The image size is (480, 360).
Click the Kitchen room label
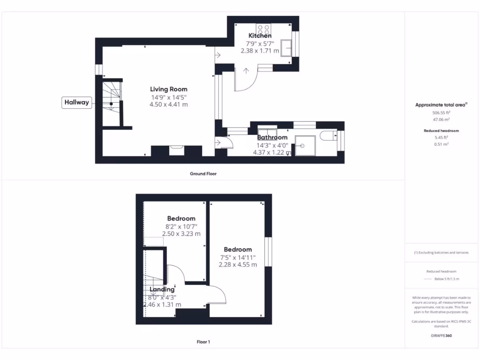[260, 36]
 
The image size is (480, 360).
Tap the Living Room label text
[168, 89]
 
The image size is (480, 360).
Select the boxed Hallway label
[76, 103]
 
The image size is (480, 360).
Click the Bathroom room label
[272, 137]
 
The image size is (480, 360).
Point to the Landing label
[162, 289]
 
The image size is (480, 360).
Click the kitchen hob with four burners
[262, 28]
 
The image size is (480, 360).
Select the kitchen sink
[286, 47]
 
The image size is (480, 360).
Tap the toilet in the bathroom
[328, 136]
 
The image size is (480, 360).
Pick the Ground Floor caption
[203, 173]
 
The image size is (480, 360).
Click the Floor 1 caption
[203, 342]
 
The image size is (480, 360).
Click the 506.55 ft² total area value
[441, 113]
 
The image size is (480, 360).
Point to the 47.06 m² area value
[441, 120]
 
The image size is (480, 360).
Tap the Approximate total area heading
[441, 105]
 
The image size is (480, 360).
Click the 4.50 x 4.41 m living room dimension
[168, 105]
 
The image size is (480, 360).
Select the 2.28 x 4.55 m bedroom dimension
[238, 264]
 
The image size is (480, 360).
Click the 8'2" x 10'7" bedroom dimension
[181, 226]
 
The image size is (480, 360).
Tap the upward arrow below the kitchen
[247, 71]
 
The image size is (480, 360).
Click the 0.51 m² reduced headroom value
[441, 144]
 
